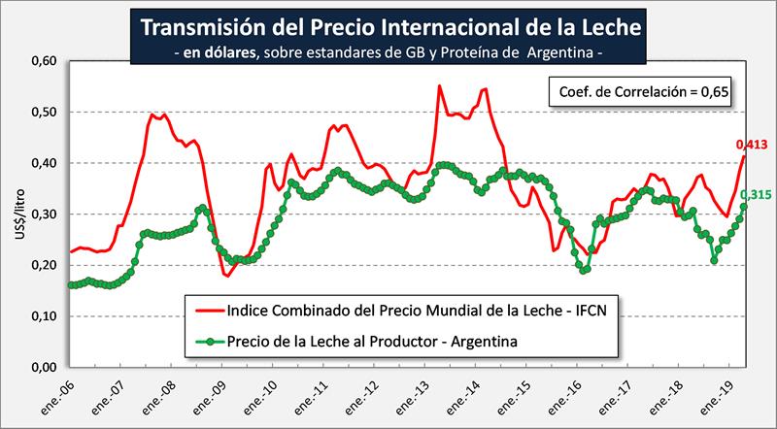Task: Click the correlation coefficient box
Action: pyautogui.click(x=637, y=92)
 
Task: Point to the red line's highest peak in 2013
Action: pyautogui.click(x=440, y=86)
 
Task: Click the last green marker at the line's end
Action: pyautogui.click(x=744, y=207)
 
